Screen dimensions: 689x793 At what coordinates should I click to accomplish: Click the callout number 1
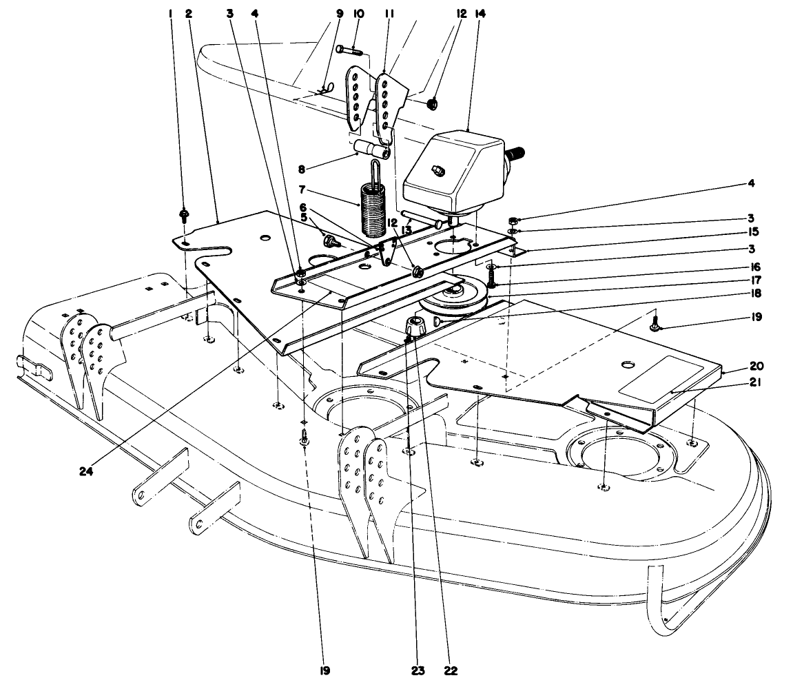pyautogui.click(x=172, y=13)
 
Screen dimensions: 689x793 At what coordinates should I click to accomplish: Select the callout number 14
pyautogui.click(x=475, y=13)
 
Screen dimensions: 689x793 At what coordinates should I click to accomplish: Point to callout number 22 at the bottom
pyautogui.click(x=451, y=669)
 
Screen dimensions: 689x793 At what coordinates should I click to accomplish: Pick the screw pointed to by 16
pyautogui.click(x=492, y=276)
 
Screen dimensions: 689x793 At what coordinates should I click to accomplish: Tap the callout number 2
pyautogui.click(x=189, y=13)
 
